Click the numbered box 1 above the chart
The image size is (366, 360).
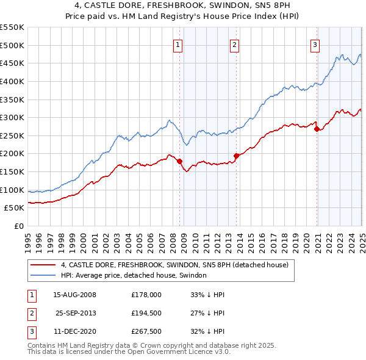click(x=178, y=44)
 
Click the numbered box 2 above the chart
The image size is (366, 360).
click(x=234, y=44)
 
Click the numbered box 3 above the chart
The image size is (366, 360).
click(x=315, y=44)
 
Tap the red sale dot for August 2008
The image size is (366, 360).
click(x=179, y=161)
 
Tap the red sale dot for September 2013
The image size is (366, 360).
click(x=236, y=155)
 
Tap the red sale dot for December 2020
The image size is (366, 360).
click(x=317, y=129)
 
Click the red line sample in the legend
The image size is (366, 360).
click(x=43, y=265)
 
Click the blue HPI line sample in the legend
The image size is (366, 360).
click(x=43, y=276)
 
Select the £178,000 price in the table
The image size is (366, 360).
click(x=146, y=295)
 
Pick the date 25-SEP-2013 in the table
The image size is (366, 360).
click(x=76, y=313)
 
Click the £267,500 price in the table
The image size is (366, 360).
click(x=146, y=332)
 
